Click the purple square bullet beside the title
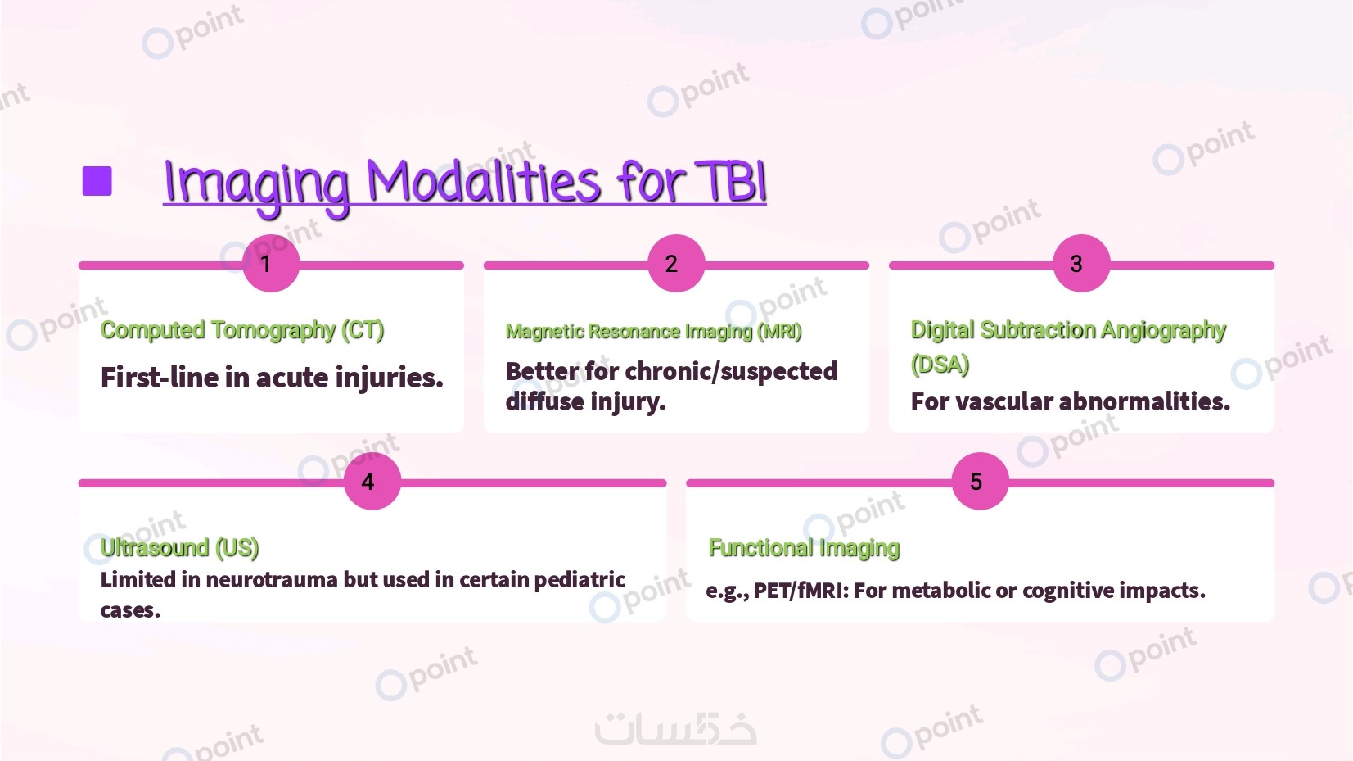97,182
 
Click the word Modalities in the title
483,182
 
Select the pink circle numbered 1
270,264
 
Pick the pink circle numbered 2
675,264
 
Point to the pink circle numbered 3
1080,264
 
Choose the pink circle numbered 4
372,482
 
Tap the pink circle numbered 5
980,482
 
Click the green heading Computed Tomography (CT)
242,330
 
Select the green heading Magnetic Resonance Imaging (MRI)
653,332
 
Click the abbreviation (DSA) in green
940,365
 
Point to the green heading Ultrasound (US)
179,547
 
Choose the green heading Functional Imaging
804,548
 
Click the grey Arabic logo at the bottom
675,728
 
